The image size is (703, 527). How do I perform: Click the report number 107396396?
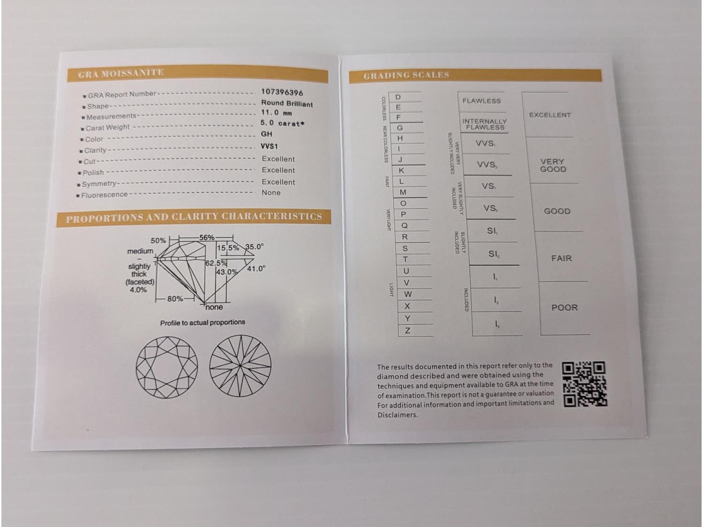[282, 92]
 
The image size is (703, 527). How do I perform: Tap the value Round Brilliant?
[287, 104]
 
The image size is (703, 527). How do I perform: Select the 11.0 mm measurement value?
[276, 112]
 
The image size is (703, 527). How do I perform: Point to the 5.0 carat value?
[282, 123]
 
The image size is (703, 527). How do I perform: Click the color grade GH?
[267, 134]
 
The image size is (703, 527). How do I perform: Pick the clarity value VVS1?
[269, 146]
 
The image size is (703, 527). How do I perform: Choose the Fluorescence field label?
[105, 195]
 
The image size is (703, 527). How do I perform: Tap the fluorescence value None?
[271, 193]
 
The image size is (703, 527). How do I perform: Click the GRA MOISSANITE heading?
[121, 74]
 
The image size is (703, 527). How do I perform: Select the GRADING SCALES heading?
[406, 75]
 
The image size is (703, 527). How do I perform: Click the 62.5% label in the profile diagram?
[216, 263]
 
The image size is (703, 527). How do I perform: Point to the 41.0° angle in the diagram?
[256, 268]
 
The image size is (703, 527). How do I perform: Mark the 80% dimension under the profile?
[175, 299]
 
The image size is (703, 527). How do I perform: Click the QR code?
[584, 384]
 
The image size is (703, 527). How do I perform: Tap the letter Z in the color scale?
[407, 331]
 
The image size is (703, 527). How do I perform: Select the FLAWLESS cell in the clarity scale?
[481, 101]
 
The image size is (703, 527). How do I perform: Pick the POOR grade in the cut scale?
[564, 307]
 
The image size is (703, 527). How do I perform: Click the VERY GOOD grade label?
[553, 165]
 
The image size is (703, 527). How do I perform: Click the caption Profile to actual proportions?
[203, 323]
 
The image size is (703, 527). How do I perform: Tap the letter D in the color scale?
[398, 97]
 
